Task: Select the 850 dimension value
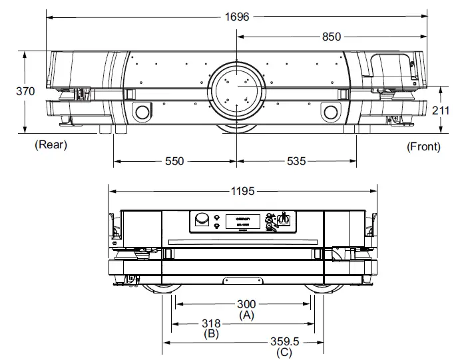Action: (x=331, y=37)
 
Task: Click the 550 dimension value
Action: (x=174, y=161)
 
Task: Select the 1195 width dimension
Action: (x=243, y=191)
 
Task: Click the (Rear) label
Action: (x=51, y=144)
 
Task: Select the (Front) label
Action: (x=423, y=146)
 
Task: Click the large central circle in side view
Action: (x=236, y=89)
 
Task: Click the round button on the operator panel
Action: (x=201, y=219)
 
